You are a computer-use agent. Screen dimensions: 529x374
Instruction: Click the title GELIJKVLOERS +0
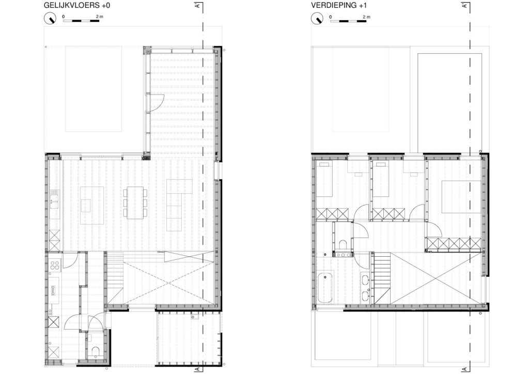pos(77,5)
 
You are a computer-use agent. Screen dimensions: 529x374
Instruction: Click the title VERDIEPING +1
pos(339,5)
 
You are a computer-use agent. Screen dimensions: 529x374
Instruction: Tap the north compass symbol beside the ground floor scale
pos(51,18)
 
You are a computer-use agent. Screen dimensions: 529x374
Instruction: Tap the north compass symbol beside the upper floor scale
pos(318,18)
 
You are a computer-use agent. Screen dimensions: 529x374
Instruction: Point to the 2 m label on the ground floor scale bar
pos(100,17)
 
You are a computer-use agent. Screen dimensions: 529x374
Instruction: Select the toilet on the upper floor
pos(343,244)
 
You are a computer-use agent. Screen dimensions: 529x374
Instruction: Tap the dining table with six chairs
pos(135,202)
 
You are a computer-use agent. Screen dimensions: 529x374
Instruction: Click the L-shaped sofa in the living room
pos(179,205)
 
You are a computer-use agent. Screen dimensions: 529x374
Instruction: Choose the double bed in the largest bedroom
pos(461,197)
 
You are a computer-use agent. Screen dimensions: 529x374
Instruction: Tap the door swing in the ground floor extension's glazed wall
pos(157,103)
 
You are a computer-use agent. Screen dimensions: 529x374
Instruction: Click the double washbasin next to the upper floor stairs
pos(365,287)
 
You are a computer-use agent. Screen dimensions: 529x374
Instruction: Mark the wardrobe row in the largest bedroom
pos(454,243)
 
